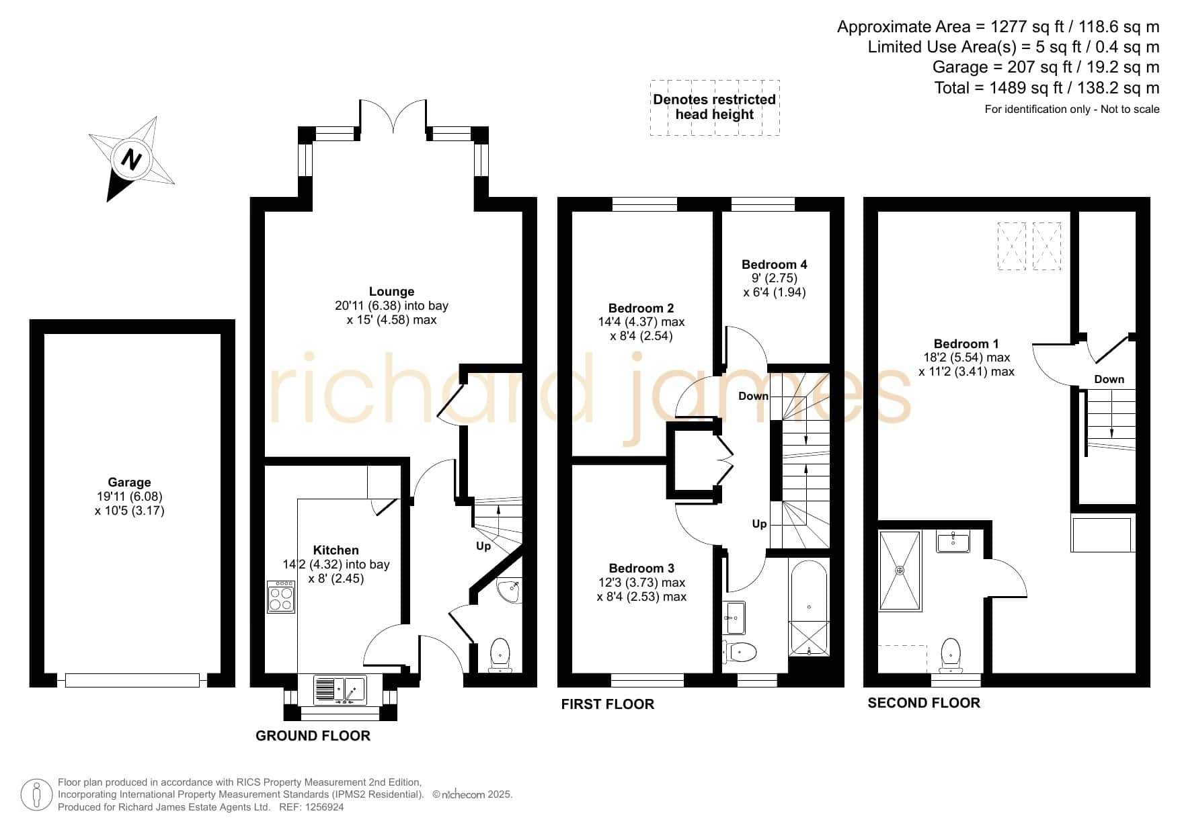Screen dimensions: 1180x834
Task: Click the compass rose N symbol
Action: (x=131, y=159)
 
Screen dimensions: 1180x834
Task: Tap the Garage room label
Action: (x=129, y=482)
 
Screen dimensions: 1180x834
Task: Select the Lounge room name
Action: (x=391, y=292)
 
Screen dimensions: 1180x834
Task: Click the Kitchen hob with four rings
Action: (x=281, y=597)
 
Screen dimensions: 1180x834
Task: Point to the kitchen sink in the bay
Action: (x=340, y=690)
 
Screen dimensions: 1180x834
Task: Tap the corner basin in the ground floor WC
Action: (x=510, y=591)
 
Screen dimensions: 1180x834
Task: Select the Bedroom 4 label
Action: (x=774, y=265)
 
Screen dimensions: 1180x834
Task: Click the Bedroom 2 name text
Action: (x=641, y=308)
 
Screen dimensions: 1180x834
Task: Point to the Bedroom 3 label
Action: (x=641, y=569)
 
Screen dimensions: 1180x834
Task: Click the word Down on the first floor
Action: (x=753, y=396)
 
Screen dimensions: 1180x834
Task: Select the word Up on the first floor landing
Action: (x=759, y=524)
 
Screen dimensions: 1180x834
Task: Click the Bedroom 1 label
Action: (x=966, y=343)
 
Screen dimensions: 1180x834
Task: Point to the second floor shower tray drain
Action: (x=900, y=571)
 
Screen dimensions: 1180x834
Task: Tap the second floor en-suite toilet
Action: (x=951, y=654)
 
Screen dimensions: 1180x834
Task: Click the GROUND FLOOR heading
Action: (x=313, y=735)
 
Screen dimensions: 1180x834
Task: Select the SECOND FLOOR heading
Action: (x=924, y=703)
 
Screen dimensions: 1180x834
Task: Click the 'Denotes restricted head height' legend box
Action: (x=715, y=108)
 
